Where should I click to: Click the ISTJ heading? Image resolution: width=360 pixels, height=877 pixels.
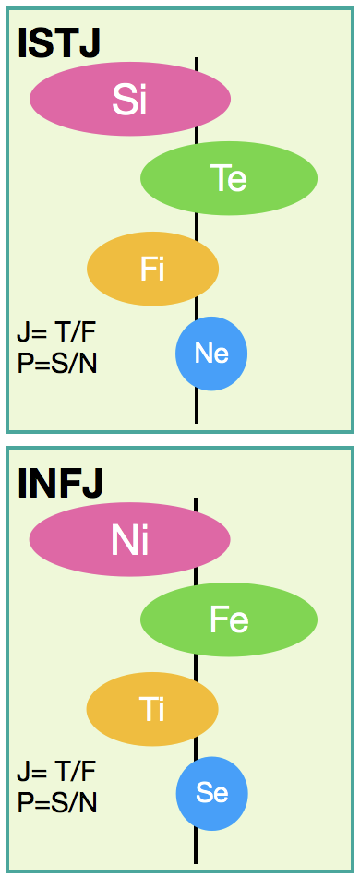(59, 42)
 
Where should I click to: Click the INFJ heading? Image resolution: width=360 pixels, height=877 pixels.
(60, 483)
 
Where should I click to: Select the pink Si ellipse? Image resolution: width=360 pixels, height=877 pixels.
(130, 99)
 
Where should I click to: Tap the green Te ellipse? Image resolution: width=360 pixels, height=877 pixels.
(229, 178)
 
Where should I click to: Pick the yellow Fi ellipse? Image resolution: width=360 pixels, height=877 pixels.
(152, 269)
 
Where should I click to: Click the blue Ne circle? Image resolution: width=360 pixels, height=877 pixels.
(211, 354)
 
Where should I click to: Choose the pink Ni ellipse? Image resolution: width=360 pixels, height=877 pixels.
(129, 539)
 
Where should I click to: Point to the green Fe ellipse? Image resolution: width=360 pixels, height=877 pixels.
(229, 619)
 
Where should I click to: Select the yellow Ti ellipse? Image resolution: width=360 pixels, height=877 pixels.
(152, 709)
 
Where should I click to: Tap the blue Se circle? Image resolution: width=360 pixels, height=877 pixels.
(212, 794)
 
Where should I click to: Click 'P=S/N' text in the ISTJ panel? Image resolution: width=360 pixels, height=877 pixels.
(57, 364)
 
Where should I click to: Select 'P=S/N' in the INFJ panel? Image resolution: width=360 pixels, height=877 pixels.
(57, 804)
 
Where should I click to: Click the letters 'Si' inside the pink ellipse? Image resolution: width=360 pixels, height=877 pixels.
(129, 99)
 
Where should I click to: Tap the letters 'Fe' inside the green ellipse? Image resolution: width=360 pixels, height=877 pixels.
(229, 619)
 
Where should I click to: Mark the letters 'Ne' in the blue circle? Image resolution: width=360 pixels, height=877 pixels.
(211, 354)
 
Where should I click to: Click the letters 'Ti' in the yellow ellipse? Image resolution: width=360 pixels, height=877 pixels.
(152, 710)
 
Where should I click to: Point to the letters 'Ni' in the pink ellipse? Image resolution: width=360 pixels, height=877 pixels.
(129, 540)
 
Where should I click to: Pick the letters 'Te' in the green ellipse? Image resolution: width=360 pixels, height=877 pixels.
(229, 179)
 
